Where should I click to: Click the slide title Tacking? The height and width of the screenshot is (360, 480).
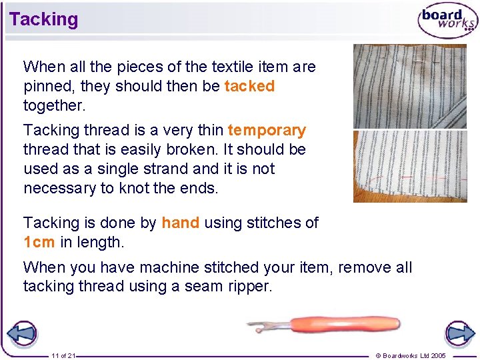(x=44, y=19)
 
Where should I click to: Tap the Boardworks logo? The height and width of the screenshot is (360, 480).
(x=447, y=20)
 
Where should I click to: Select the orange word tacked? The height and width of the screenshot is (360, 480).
(x=249, y=86)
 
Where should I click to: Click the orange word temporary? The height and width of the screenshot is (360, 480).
(x=267, y=130)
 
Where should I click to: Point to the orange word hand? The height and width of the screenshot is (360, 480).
(x=180, y=223)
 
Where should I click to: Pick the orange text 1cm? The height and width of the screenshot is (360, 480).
(x=39, y=242)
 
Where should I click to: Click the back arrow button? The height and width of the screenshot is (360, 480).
(x=21, y=333)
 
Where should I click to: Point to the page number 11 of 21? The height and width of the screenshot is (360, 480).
(x=63, y=355)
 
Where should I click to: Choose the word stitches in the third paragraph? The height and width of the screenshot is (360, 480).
(x=279, y=223)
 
